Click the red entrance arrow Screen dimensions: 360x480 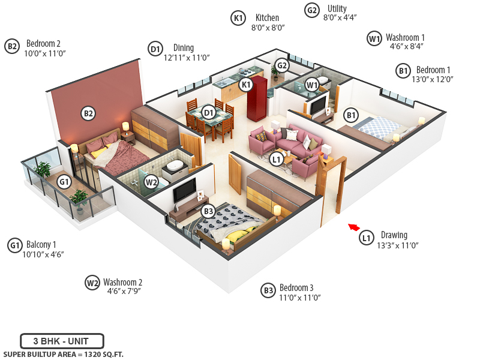tap(354, 227)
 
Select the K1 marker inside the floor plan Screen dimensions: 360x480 tap(245, 85)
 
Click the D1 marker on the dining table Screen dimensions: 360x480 tap(208, 112)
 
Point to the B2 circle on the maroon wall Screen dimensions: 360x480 tap(88, 113)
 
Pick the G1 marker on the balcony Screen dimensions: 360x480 tap(64, 181)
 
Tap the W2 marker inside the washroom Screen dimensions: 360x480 tap(151, 181)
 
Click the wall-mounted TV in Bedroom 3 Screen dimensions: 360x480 tap(184, 190)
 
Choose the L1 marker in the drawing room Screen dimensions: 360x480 tap(276, 159)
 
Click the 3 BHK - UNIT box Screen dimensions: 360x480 tap(62, 341)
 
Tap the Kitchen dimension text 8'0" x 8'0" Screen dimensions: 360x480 tap(268, 28)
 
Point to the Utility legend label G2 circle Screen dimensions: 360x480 tap(311, 10)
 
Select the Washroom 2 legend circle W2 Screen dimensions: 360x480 tap(92, 283)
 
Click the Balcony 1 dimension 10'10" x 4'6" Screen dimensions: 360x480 tap(43, 254)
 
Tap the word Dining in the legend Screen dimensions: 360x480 tap(184, 48)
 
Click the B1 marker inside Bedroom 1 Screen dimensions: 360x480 tap(351, 115)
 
